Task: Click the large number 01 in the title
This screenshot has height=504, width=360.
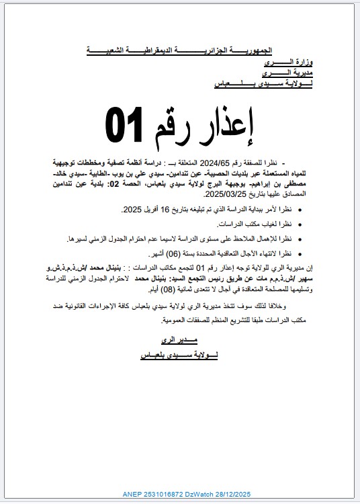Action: point(126,123)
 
